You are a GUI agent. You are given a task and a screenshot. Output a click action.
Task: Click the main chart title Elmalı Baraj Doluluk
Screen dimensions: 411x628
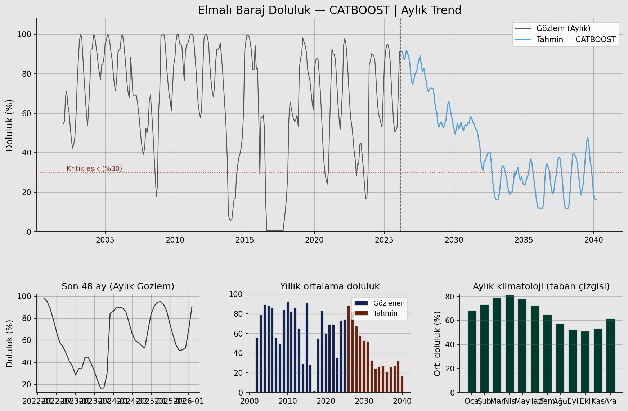coord(329,10)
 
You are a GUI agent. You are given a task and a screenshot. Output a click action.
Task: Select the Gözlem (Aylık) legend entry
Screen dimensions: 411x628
coord(563,28)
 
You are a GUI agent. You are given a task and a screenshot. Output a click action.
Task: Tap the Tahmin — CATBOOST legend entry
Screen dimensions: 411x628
coord(576,40)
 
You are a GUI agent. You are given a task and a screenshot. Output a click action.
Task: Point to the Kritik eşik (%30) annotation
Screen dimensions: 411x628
coord(94,169)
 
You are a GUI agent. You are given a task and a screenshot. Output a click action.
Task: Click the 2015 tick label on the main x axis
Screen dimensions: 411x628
coord(245,240)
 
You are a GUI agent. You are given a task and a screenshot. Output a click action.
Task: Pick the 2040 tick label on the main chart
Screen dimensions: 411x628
coord(593,240)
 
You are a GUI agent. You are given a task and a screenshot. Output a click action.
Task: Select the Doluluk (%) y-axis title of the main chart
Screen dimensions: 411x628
coord(9,125)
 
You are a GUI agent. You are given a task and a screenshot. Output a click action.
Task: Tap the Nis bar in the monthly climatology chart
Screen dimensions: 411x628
coord(510,344)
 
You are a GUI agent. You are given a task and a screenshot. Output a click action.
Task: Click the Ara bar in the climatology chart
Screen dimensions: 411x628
coord(610,356)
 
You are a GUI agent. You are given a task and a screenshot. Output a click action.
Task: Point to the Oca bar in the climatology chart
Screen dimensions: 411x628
coord(472,352)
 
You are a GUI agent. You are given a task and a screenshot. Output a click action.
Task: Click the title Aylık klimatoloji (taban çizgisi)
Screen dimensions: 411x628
coord(541,286)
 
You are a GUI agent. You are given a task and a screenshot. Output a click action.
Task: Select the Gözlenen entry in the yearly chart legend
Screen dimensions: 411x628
coord(389,303)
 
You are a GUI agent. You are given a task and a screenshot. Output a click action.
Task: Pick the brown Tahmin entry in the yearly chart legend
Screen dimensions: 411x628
coord(385,313)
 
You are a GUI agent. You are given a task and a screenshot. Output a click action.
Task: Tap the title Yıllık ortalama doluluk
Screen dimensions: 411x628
coord(329,286)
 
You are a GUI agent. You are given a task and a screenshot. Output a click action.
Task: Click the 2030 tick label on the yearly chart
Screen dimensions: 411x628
coord(364,401)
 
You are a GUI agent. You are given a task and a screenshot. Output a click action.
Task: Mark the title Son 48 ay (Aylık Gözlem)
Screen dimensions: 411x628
coord(118,286)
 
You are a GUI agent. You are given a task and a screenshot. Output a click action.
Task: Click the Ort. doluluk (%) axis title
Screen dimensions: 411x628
coord(437,344)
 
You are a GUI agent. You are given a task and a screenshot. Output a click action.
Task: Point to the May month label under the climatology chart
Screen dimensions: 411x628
coord(522,401)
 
